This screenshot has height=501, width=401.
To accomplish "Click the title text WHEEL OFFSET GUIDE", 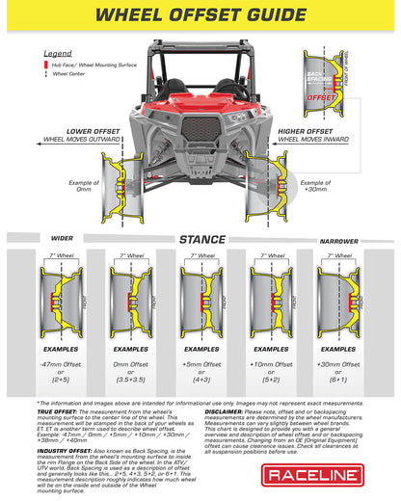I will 200,15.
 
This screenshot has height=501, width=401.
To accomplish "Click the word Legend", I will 59,54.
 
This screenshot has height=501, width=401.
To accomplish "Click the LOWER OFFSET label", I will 66,130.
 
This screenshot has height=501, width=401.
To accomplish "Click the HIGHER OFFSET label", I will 334,130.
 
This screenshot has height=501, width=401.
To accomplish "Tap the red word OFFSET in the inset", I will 322,97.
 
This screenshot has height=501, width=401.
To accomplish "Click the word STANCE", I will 200,239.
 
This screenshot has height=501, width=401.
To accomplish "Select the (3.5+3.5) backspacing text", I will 130,382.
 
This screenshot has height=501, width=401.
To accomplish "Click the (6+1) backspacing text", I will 341,382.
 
